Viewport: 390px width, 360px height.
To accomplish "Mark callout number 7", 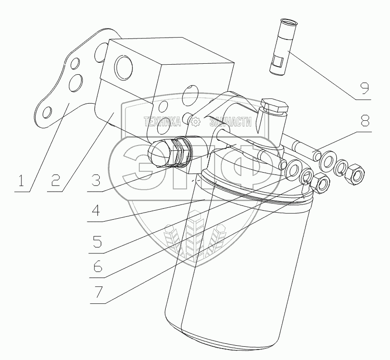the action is click(97, 292).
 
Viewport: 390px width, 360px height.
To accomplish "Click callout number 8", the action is click(364, 120).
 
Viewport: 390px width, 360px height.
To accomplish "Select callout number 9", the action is click(365, 88).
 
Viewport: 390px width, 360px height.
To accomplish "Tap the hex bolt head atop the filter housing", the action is click(275, 106).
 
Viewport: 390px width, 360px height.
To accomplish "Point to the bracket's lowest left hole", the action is click(47, 113).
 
